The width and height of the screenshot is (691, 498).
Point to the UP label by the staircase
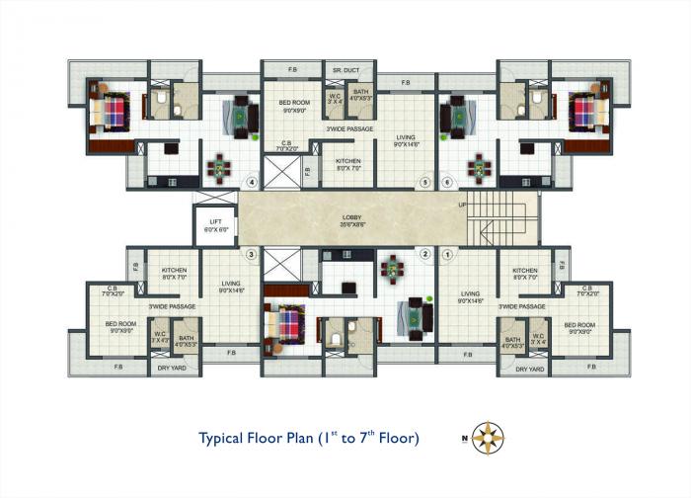461,204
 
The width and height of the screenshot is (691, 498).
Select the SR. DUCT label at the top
345,70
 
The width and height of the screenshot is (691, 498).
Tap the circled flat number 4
253,182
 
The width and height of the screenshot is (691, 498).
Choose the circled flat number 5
425,182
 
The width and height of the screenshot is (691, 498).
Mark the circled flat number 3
252,255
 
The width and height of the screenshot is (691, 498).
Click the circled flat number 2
425,255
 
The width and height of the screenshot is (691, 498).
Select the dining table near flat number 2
393,267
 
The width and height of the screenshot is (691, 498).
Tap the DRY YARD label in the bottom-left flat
170,369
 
